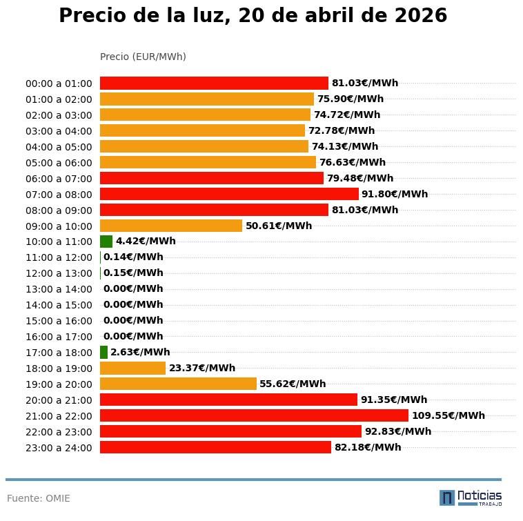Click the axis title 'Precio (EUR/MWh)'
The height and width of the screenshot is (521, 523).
pos(143,57)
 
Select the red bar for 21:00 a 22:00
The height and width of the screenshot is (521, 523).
pos(254,415)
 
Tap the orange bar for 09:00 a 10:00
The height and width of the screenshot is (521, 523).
pos(171,226)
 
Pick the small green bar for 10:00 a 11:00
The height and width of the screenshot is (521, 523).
pos(106,242)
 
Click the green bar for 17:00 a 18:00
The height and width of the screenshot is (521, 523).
pos(103,353)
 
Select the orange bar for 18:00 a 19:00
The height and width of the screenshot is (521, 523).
pos(132,368)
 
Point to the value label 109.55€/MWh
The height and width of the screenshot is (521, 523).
pos(448,415)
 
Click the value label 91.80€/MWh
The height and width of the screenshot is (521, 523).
pos(395,194)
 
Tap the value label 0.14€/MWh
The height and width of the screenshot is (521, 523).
pos(133,257)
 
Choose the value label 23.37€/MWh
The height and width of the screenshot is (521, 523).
pos(202,368)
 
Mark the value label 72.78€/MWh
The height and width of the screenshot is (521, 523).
pos(342,130)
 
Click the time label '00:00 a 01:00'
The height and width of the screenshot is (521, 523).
pos(59,83)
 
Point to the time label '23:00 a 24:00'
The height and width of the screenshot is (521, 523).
pos(59,448)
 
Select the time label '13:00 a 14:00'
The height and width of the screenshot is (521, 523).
pos(59,289)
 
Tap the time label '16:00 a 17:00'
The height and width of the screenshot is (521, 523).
pos(59,337)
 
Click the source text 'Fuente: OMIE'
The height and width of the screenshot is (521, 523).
pos(39,498)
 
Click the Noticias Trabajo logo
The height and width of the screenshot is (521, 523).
pos(471,498)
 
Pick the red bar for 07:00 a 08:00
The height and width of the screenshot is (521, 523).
pos(229,194)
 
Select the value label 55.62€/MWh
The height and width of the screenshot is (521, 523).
pos(293,384)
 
